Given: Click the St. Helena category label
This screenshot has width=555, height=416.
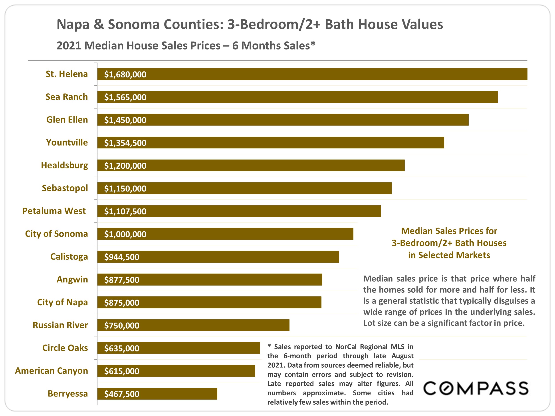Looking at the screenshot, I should pos(67,74).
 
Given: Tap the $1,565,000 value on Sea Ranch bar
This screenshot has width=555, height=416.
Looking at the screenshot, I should pos(125,97).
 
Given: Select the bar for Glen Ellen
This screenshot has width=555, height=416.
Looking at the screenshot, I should pos(283,120).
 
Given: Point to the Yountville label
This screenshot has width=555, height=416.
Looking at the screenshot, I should pos(67,142).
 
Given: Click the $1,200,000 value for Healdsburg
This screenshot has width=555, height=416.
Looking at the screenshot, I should pos(125,166).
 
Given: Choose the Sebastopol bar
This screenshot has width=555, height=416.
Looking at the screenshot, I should pos(244,188).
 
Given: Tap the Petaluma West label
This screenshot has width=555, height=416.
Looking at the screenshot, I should pos(54,211).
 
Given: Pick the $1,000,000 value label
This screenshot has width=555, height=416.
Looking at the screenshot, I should pos(125,234).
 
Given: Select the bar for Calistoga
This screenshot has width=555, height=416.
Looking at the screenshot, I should pos(218,257).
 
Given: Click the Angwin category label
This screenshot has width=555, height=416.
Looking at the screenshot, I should pos(72,279).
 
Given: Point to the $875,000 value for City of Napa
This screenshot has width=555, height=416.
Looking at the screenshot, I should pos(122,303).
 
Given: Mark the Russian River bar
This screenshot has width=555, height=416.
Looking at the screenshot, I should pos(193,325).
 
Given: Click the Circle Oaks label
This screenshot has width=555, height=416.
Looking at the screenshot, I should pos(65,348).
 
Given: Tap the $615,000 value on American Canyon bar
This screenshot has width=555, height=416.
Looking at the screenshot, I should pos(122,371).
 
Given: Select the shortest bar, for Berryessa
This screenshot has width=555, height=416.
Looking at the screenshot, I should pos(157,394).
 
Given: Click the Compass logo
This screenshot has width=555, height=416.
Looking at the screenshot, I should pos(476,388).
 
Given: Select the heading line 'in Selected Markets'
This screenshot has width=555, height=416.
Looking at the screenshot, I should pos(449,255).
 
